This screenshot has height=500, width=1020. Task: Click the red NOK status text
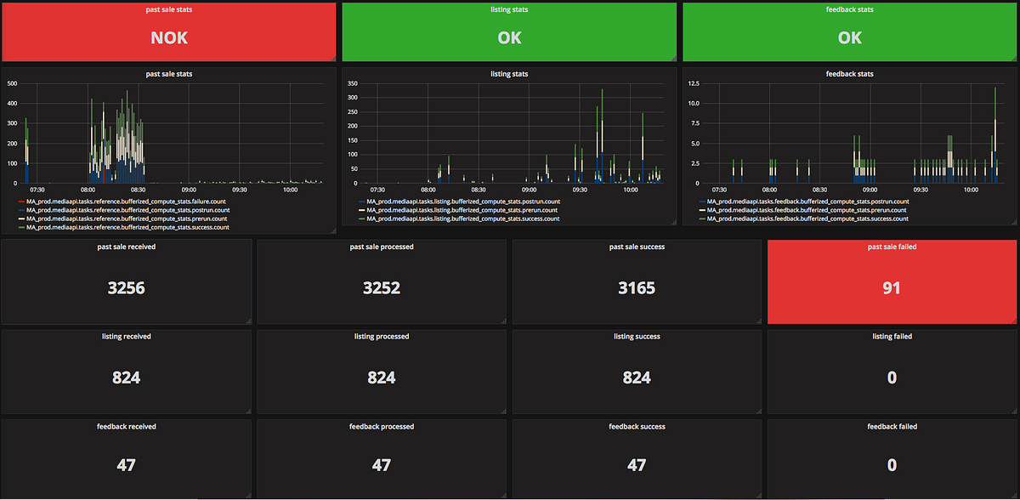pyautogui.click(x=169, y=37)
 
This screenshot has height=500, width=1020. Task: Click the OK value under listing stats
pyautogui.click(x=509, y=37)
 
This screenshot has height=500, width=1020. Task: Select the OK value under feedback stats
pyautogui.click(x=849, y=37)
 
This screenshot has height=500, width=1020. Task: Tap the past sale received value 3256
pyautogui.click(x=127, y=288)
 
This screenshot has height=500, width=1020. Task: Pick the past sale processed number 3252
pyautogui.click(x=382, y=288)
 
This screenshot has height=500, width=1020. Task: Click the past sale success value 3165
pyautogui.click(x=637, y=288)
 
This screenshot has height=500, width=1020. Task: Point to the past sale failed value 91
pyautogui.click(x=892, y=288)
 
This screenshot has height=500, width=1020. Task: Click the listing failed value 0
pyautogui.click(x=892, y=378)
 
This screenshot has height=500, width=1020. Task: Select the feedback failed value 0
pyautogui.click(x=892, y=465)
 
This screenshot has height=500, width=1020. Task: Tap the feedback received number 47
pyautogui.click(x=127, y=465)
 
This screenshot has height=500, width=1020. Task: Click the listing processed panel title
pyautogui.click(x=382, y=337)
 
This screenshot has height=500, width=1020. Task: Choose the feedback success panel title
pyautogui.click(x=637, y=427)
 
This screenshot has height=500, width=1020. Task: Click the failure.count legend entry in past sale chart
pyautogui.click(x=127, y=202)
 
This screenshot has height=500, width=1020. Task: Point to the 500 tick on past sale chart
pyautogui.click(x=12, y=83)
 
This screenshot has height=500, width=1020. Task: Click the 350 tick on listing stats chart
pyautogui.click(x=352, y=83)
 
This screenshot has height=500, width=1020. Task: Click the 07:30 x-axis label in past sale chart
pyautogui.click(x=38, y=190)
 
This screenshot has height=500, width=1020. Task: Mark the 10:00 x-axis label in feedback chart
pyautogui.click(x=970, y=190)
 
